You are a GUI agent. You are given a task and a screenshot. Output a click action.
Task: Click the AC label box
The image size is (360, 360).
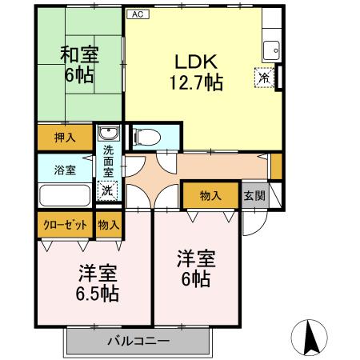[x=138, y=14]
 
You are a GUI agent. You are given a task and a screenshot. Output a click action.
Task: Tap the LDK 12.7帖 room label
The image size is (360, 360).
[x=196, y=72]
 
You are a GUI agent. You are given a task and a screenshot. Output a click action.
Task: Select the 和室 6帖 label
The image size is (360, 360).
[x=79, y=65]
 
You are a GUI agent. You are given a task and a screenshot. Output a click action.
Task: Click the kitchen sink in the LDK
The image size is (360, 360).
[x=271, y=50]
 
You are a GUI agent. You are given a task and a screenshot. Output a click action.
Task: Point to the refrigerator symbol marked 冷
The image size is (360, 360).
[x=264, y=78]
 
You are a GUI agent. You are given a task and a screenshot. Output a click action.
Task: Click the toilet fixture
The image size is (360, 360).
[x=147, y=137]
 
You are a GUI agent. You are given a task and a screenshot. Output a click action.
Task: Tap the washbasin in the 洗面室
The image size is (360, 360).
[x=109, y=133]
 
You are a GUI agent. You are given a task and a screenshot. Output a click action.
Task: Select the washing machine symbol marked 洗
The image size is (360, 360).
[x=107, y=190]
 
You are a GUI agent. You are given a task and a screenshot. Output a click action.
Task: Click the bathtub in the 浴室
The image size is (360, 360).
[x=65, y=195]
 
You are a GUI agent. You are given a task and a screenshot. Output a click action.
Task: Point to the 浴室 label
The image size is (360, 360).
[x=65, y=170]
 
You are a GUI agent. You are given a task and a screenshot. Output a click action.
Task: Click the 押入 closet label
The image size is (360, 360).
[x=65, y=138]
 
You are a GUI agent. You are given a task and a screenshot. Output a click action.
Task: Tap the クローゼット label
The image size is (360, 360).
[x=65, y=225]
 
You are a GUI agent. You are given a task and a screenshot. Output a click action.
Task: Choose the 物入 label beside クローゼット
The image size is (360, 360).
[x=109, y=225]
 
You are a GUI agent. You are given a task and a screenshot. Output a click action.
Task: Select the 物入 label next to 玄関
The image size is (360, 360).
[x=210, y=196]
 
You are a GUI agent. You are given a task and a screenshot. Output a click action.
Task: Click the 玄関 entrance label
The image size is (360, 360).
[x=254, y=196]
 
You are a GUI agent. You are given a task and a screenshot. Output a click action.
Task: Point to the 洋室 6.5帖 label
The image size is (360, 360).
[x=98, y=283]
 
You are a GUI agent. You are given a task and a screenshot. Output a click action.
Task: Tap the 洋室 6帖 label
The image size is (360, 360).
[x=196, y=268]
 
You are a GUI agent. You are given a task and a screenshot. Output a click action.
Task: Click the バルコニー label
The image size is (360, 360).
[x=138, y=341]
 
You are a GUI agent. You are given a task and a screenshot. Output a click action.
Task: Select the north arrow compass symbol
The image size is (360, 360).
[x=310, y=337]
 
